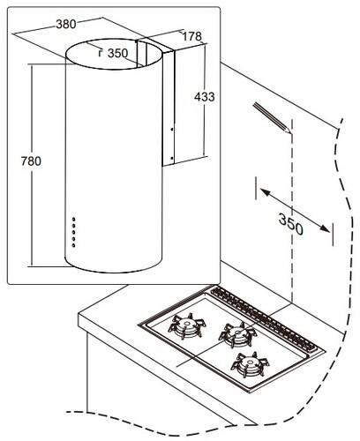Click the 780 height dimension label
[x=31, y=161]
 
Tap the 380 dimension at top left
[x=66, y=24]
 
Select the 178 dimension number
[x=192, y=36]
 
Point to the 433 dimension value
[x=205, y=97]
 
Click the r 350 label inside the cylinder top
[x=113, y=53]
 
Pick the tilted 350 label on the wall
[x=290, y=225]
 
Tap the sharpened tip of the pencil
[x=290, y=133]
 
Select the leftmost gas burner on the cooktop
[x=187, y=325]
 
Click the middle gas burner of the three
[x=237, y=334]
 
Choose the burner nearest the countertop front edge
[x=250, y=364]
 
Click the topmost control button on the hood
[x=73, y=220]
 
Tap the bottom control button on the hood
[x=73, y=245]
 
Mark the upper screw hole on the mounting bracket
[x=172, y=129]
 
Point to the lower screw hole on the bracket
[x=172, y=158]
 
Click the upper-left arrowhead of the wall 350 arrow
[x=264, y=192]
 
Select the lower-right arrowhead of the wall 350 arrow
[x=325, y=228]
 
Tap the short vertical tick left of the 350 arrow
[x=256, y=188]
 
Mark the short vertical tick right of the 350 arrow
[x=333, y=235]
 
